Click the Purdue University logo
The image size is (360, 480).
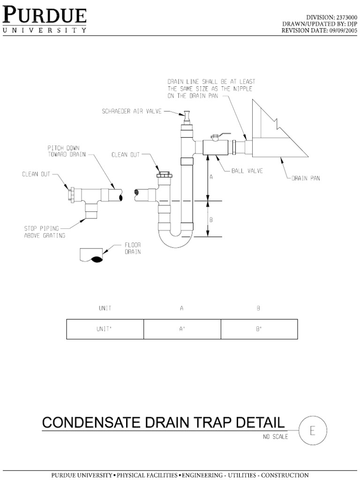pos(45,19)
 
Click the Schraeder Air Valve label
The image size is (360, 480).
pos(133,111)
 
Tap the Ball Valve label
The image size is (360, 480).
pos(247,171)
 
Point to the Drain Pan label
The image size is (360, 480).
pos(306,178)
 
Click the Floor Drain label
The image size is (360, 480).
pos(133,248)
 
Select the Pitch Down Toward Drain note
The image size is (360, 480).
pos(67,150)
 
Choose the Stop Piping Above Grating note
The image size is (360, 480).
pos(45,232)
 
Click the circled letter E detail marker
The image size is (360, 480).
pos(313,430)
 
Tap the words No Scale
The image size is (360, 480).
pos(275,437)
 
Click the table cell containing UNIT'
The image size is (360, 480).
pos(105,329)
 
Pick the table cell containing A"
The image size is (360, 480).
pos(182,329)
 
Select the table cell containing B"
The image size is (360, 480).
pos(259,329)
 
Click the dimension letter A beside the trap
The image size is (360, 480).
pos(211,177)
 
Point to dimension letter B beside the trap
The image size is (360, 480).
pos(211,219)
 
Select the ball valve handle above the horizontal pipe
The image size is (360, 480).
pos(217,136)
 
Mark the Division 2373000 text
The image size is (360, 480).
pos(330,17)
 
